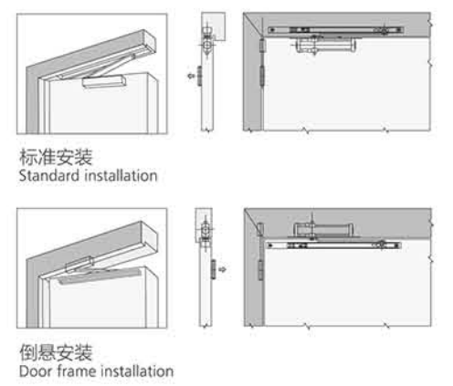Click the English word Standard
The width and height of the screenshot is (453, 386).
(49, 175)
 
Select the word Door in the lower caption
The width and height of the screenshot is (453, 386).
(36, 371)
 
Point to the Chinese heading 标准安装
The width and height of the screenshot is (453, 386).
(56, 157)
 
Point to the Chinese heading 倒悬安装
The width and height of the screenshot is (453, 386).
(56, 352)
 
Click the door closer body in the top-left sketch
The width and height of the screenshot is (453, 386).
(104, 81)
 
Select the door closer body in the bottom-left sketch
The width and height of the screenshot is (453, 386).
(79, 264)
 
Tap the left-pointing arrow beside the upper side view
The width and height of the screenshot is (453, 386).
(191, 76)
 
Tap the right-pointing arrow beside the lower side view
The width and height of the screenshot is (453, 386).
(223, 269)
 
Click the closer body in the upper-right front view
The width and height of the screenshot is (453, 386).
(325, 46)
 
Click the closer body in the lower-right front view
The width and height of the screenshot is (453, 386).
(323, 230)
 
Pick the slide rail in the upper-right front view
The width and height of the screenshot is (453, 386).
(336, 30)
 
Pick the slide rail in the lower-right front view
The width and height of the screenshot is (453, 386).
(334, 245)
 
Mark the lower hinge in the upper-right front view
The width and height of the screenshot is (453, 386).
(261, 76)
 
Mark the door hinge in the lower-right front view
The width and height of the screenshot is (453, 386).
(261, 270)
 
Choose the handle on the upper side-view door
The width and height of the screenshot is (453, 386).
(199, 76)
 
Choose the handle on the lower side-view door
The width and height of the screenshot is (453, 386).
(214, 269)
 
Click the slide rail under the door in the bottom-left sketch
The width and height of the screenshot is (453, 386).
(100, 276)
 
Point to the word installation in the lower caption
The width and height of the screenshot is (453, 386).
(137, 371)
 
